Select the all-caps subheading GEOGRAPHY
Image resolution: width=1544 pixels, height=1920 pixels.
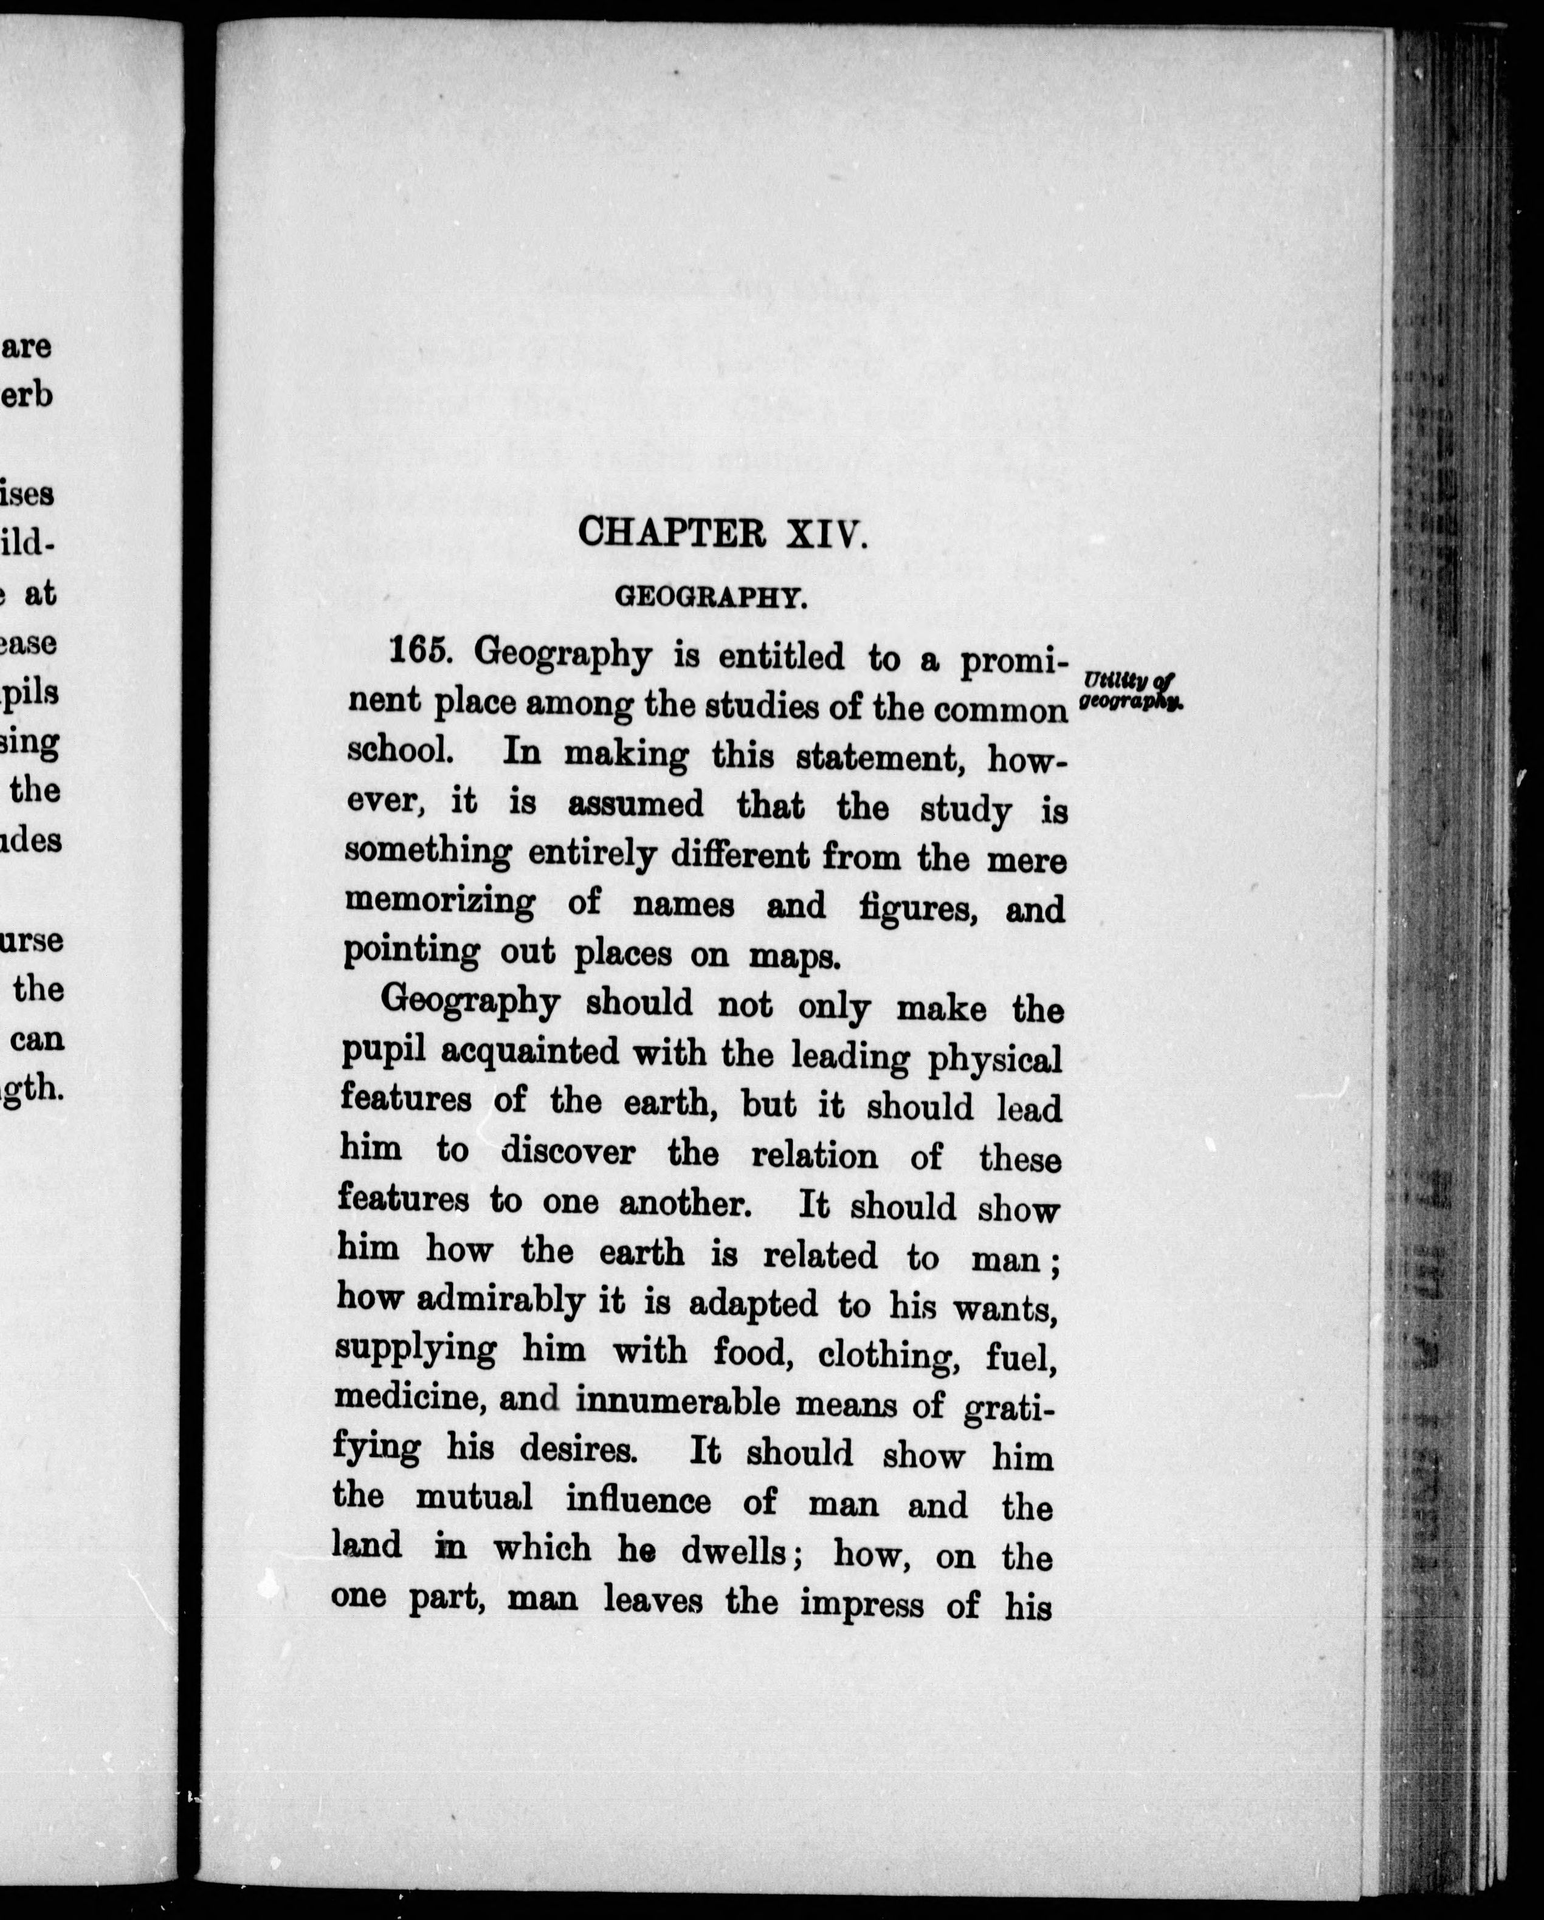point(711,597)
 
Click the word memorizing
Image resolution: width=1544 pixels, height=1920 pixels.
point(439,900)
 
